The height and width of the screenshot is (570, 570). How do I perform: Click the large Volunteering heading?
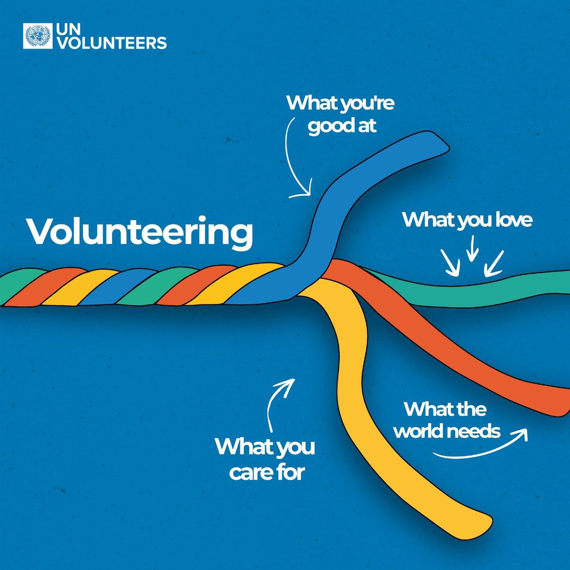pos(140,232)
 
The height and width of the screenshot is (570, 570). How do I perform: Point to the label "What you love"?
pos(467,220)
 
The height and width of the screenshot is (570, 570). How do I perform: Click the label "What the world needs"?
pos(446,420)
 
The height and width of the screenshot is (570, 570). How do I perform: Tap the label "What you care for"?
pos(265,459)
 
